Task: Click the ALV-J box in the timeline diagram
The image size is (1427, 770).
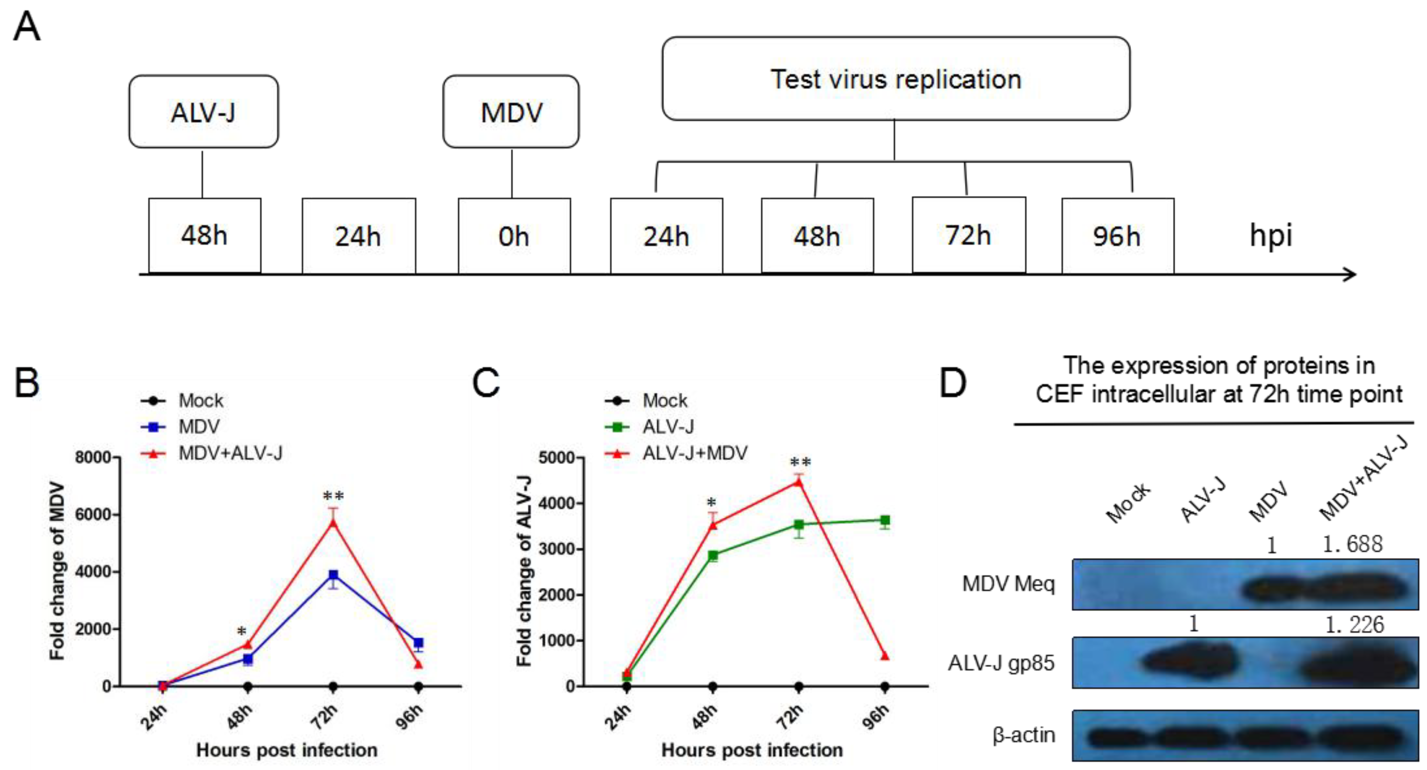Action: (x=203, y=112)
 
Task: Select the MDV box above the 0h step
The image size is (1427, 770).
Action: (x=511, y=112)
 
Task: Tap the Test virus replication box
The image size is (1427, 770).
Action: (x=895, y=79)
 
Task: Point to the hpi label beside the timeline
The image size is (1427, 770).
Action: (x=1270, y=236)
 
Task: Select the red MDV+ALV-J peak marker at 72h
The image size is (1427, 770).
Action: (x=333, y=522)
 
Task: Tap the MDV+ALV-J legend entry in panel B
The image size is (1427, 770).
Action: (x=229, y=453)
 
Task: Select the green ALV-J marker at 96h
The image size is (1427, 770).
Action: (x=885, y=520)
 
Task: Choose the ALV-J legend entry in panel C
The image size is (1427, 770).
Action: (x=667, y=427)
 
